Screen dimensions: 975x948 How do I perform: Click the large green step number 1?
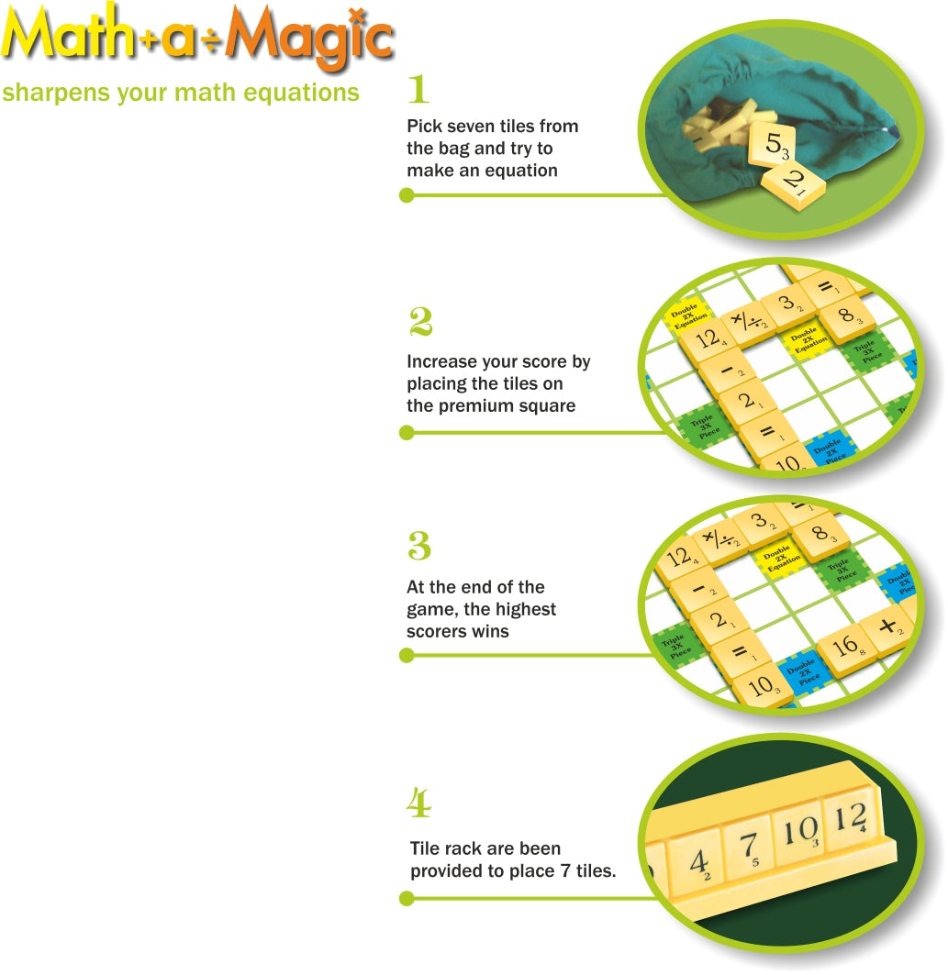coord(418,90)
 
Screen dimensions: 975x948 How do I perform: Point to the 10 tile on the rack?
coord(798,831)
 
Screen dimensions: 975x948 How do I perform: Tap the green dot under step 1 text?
coord(407,195)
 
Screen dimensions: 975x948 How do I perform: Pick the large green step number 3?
coord(418,547)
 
